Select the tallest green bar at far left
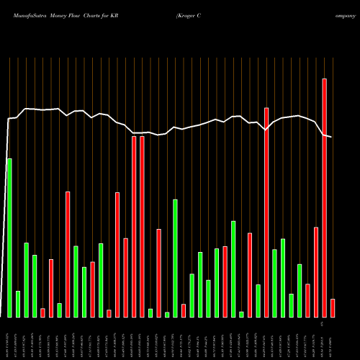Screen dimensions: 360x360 (x=9, y=238)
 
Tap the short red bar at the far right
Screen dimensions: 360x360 (x=333, y=307)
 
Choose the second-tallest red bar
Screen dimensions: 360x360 (x=266, y=212)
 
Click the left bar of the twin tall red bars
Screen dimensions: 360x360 (x=134, y=226)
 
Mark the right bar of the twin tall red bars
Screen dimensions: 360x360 (x=142, y=226)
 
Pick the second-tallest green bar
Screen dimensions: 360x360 (x=175, y=258)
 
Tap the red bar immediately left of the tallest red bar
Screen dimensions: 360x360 (x=316, y=271)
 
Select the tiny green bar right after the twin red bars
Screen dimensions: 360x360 (x=150, y=312)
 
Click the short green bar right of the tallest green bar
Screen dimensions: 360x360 (x=18, y=304)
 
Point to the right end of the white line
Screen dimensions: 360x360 (x=332, y=137)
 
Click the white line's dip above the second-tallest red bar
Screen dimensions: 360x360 (x=266, y=130)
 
